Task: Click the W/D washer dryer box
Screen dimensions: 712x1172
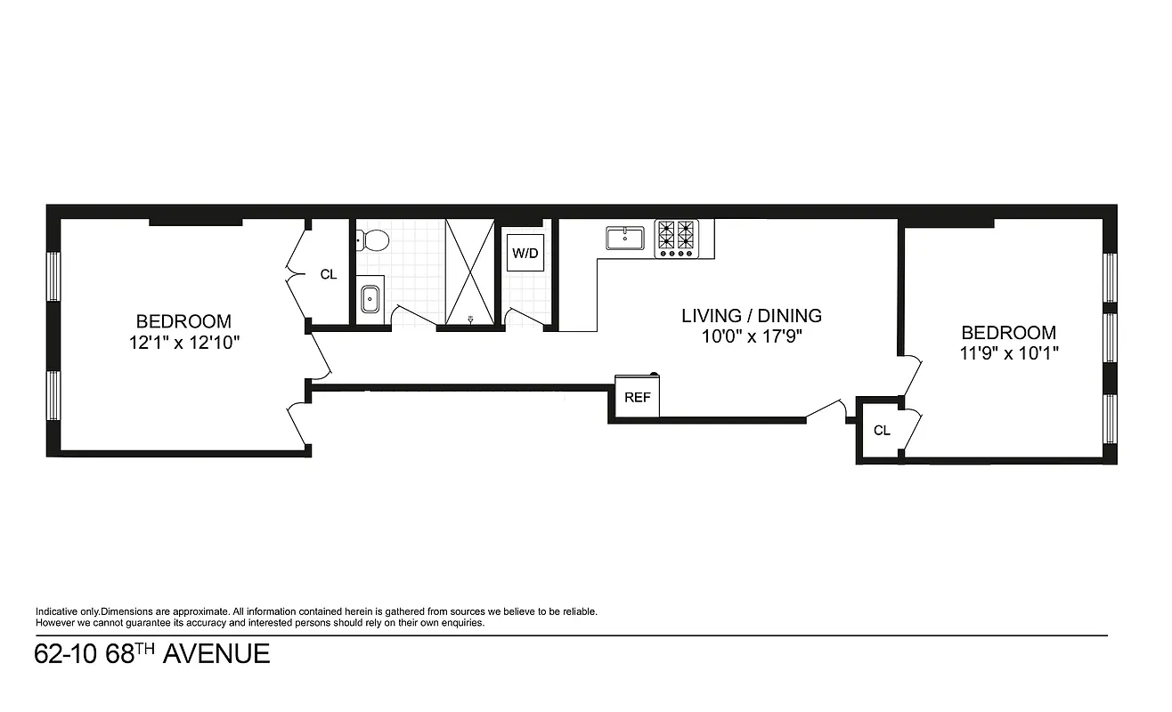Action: [x=525, y=254]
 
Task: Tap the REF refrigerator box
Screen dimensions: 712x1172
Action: [x=637, y=398]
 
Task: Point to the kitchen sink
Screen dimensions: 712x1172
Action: [x=625, y=239]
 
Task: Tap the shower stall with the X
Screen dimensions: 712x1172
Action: [x=469, y=267]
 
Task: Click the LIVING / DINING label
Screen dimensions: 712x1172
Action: [x=751, y=315]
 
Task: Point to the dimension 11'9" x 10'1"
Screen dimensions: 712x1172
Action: [x=1008, y=352]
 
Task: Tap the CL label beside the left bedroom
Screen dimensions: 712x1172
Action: [x=329, y=274]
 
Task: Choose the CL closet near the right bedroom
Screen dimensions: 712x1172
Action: [x=882, y=431]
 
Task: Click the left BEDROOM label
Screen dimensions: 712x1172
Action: [x=183, y=321]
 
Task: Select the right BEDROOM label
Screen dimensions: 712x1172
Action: [x=1008, y=333]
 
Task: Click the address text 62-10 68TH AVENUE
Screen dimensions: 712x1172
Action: [x=152, y=654]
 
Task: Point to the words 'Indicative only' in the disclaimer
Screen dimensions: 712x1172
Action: [x=67, y=611]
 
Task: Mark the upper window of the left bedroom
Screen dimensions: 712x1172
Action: [x=53, y=278]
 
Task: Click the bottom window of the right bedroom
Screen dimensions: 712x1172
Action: [x=1110, y=418]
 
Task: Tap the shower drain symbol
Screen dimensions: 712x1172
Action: [x=470, y=317]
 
